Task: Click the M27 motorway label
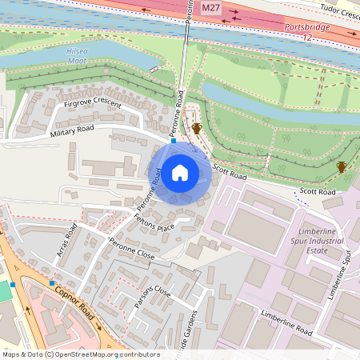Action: click(x=210, y=8)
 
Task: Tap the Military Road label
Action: click(x=72, y=131)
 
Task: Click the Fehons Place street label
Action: click(x=154, y=222)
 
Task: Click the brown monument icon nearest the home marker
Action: click(x=196, y=128)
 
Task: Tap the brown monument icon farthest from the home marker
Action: click(x=342, y=166)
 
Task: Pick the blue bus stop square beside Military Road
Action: click(x=173, y=141)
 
